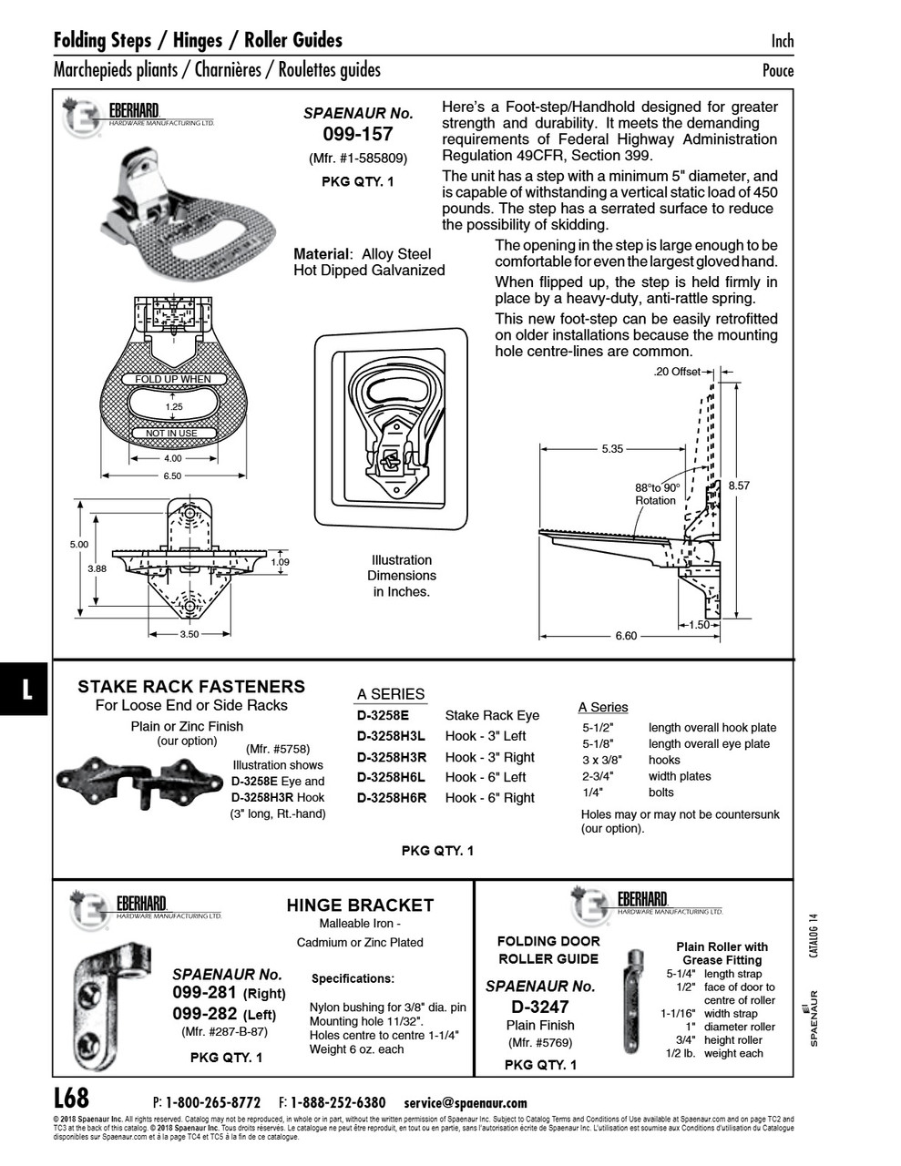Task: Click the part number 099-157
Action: click(x=358, y=135)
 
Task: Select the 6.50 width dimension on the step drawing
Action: click(x=172, y=476)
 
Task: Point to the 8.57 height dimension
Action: click(x=739, y=486)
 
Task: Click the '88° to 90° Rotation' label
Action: click(x=657, y=494)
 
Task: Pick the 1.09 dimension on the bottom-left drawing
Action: click(x=281, y=562)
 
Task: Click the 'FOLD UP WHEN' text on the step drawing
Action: click(x=172, y=379)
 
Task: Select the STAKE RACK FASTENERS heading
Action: click(x=191, y=687)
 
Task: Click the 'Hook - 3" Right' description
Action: click(x=489, y=757)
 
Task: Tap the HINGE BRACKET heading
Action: click(x=360, y=905)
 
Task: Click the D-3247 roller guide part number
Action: click(x=539, y=1007)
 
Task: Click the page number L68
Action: click(x=71, y=1098)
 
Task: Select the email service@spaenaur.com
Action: click(x=465, y=1102)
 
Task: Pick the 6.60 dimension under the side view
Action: click(x=626, y=636)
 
